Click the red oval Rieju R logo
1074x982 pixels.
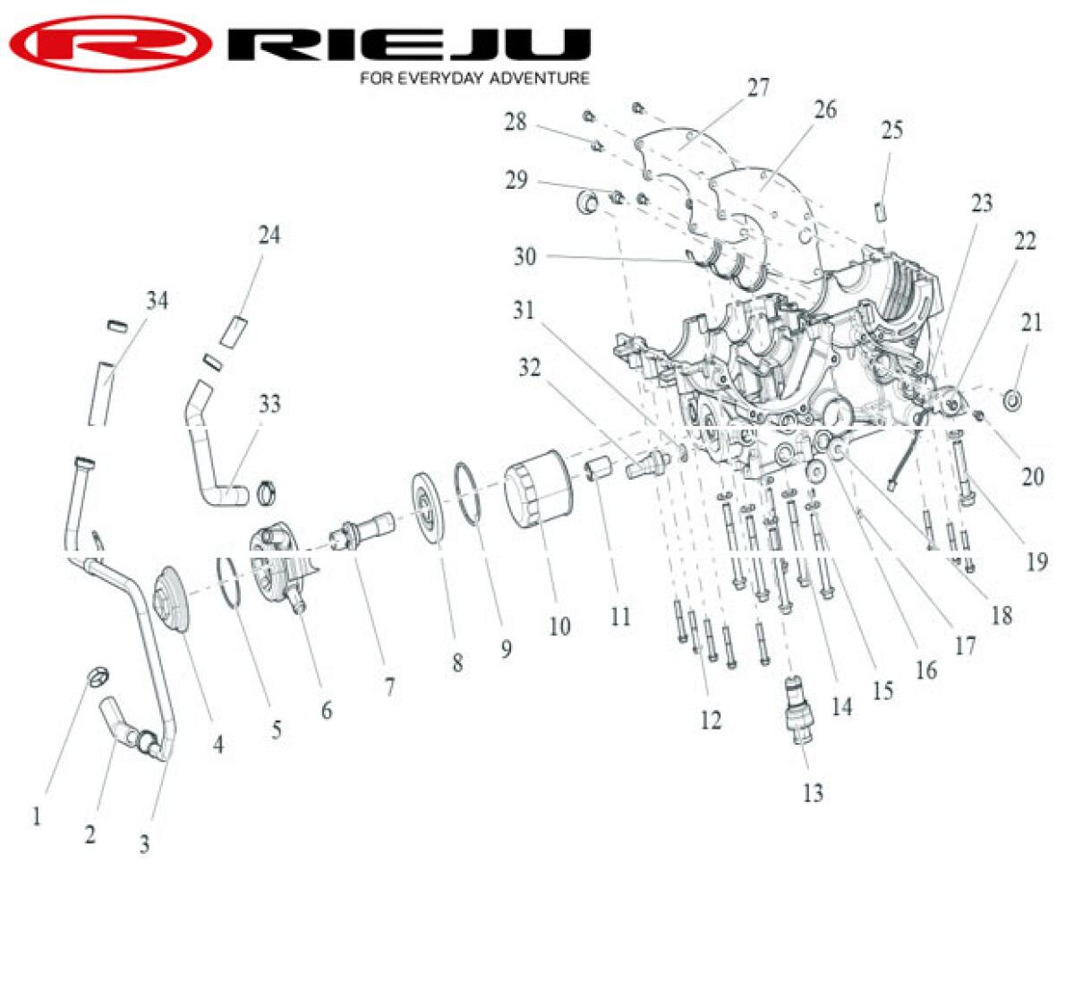point(111,43)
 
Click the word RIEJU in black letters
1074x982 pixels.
point(409,44)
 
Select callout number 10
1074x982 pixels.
point(560,626)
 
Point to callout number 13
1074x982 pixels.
point(813,793)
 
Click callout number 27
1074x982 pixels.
point(758,88)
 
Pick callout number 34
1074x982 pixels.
point(158,301)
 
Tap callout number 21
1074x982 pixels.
point(1032,323)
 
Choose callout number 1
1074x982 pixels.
point(37,817)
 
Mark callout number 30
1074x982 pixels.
point(524,257)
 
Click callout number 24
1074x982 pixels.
point(269,235)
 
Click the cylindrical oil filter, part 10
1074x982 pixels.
point(539,489)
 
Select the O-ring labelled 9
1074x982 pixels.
point(468,492)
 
